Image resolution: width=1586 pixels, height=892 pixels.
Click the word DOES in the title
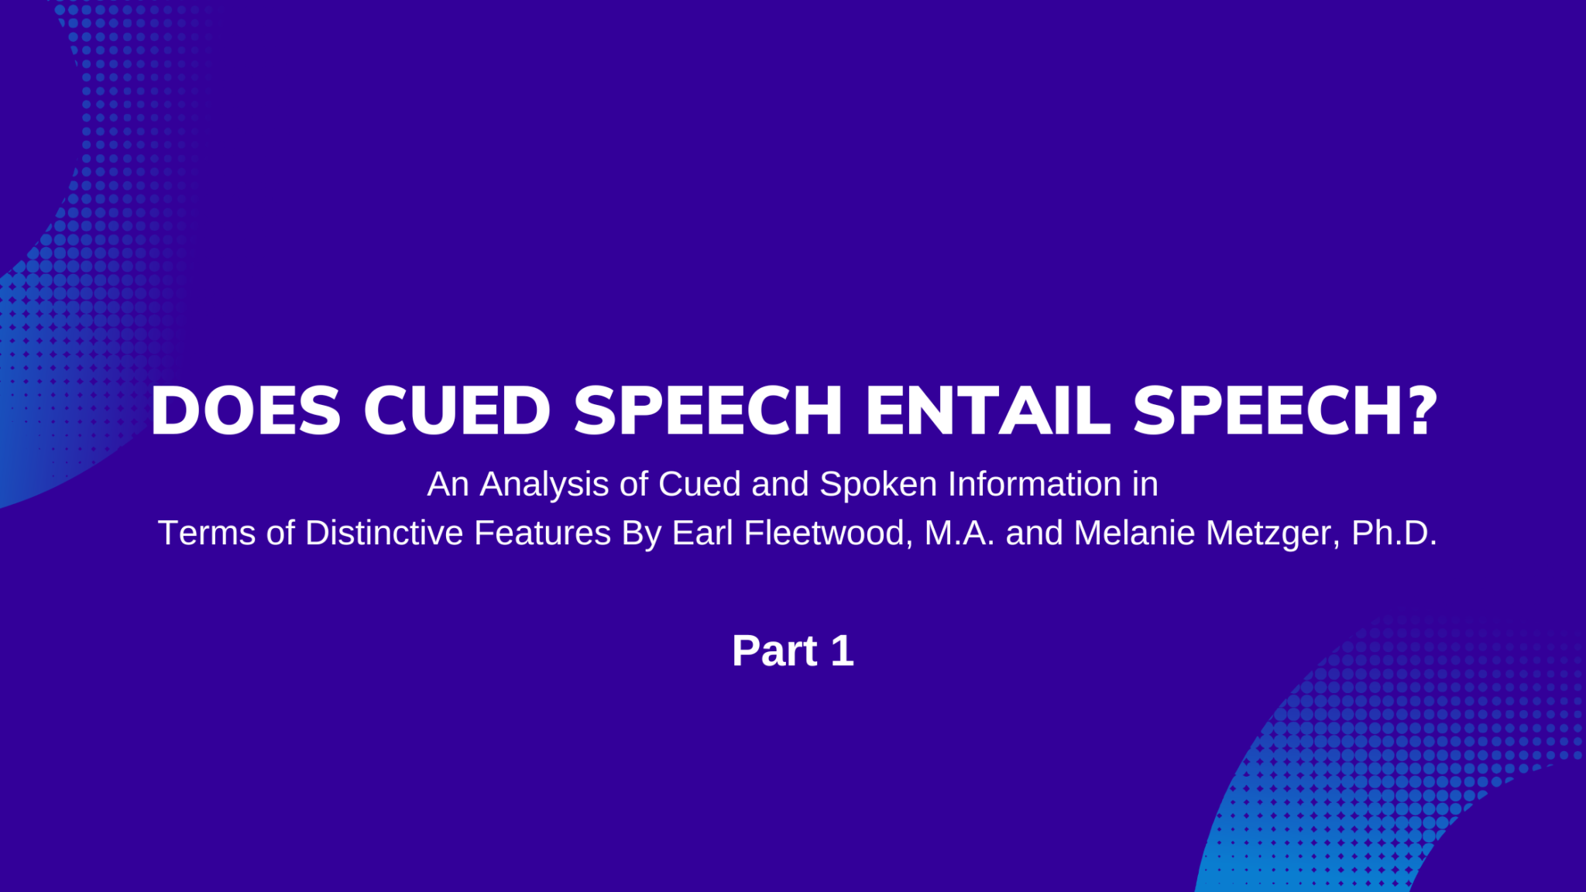click(245, 410)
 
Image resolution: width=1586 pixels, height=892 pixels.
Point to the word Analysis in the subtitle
click(544, 485)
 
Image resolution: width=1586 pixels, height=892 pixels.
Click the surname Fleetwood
click(824, 533)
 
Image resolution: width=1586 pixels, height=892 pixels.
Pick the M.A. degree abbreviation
click(959, 533)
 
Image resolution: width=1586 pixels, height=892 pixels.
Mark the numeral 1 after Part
click(843, 650)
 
